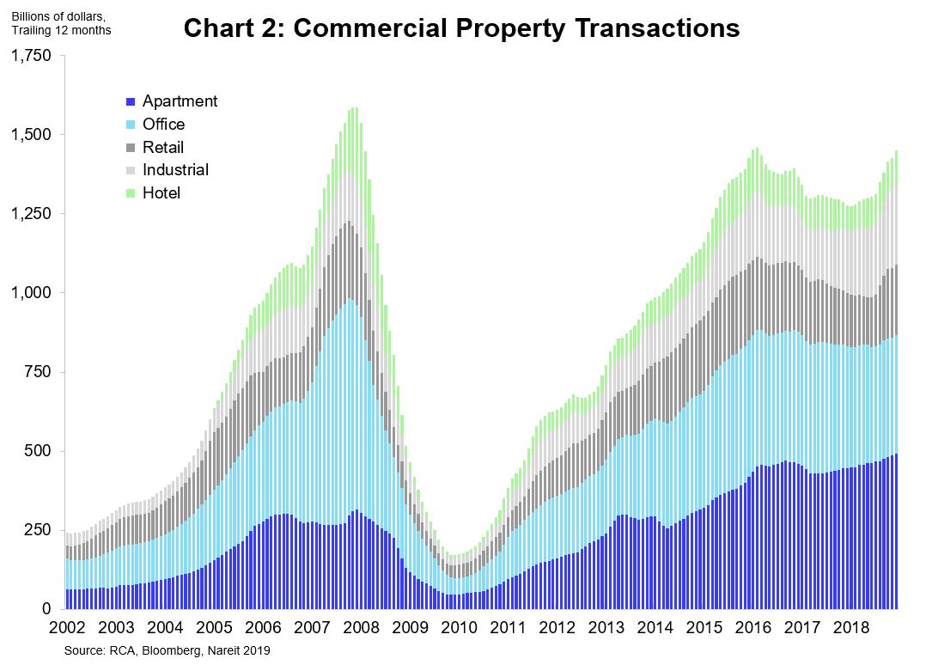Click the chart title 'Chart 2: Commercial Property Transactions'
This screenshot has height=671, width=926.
[x=461, y=28]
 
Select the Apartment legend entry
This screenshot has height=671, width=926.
[x=180, y=101]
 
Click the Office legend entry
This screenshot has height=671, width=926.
[x=163, y=125]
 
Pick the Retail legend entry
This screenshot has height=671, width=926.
[x=163, y=148]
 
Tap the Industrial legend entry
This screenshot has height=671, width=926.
[x=175, y=170]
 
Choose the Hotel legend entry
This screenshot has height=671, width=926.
[x=161, y=193]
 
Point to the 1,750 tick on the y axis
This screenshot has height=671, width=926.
[x=31, y=56]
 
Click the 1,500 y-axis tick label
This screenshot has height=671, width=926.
[x=31, y=135]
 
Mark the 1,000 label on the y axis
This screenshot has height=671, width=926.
[x=31, y=293]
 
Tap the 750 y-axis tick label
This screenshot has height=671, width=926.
[x=39, y=372]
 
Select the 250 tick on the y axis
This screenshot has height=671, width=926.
[x=39, y=530]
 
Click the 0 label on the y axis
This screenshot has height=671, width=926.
[x=48, y=609]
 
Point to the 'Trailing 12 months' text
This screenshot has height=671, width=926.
[x=60, y=31]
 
